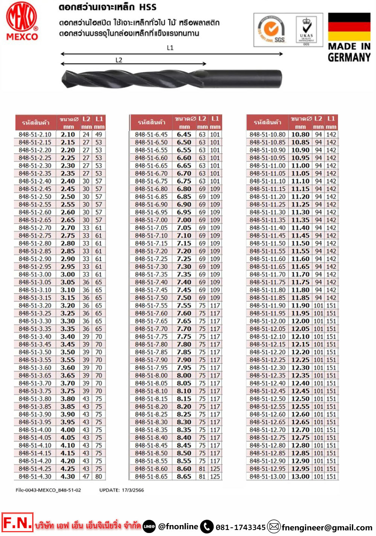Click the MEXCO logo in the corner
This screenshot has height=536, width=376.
click(x=22, y=21)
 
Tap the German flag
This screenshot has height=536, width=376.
click(x=349, y=27)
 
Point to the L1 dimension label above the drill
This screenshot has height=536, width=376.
click(x=170, y=48)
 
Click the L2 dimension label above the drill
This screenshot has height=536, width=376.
click(x=119, y=60)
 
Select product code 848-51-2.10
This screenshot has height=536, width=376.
click(x=35, y=134)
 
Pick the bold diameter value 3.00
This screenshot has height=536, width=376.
click(x=68, y=275)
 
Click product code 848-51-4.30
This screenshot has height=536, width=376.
click(x=35, y=477)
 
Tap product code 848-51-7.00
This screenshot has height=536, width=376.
click(x=151, y=220)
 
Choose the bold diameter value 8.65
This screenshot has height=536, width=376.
click(x=184, y=477)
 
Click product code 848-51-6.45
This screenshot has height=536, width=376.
click(x=151, y=134)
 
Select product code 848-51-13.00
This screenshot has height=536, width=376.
click(x=267, y=477)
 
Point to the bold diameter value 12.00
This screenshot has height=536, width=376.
click(x=300, y=321)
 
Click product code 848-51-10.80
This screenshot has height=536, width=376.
click(x=267, y=134)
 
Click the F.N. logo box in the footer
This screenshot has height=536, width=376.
click(x=17, y=522)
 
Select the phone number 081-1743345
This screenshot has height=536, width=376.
click(x=241, y=527)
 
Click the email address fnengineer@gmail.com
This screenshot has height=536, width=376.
click(x=327, y=527)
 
